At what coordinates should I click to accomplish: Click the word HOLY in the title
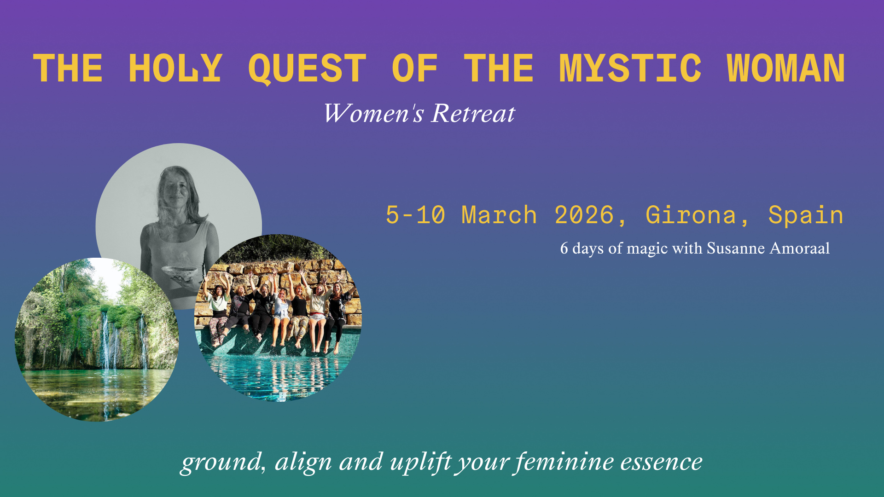coord(175,68)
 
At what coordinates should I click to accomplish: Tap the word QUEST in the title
coord(307,69)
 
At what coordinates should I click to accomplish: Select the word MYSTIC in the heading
coord(630,68)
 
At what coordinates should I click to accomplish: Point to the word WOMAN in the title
coord(786,68)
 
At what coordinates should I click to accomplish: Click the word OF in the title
coord(414,68)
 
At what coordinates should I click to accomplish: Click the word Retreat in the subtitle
coord(473,113)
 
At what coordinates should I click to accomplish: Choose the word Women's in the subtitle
coord(373,113)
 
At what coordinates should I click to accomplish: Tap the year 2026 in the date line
coord(584,215)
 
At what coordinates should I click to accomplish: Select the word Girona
coord(691,215)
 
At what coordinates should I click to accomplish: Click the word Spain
coord(806,215)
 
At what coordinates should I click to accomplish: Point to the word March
coord(499,215)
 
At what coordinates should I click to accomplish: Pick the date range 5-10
coord(415,215)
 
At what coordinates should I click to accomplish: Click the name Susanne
coord(736,248)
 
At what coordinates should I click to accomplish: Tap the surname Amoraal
coord(800,248)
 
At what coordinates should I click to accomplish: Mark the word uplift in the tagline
coord(420,462)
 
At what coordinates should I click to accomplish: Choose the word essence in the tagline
coord(661,462)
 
